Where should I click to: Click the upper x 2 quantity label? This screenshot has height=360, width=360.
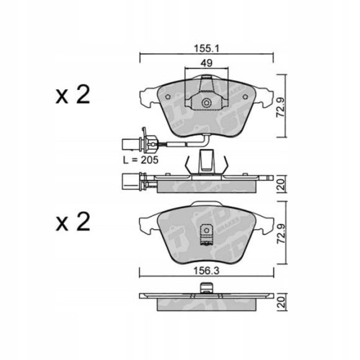click(x=73, y=96)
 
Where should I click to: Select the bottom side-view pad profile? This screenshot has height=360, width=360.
click(x=205, y=302)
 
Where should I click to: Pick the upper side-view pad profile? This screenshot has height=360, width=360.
click(x=205, y=183)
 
